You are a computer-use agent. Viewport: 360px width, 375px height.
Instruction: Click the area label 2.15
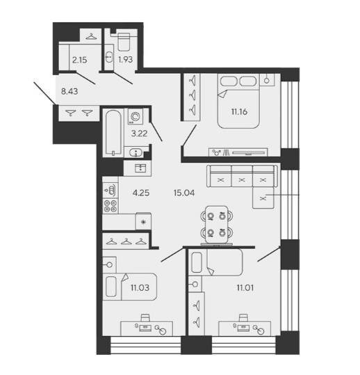pyautogui.click(x=79, y=60)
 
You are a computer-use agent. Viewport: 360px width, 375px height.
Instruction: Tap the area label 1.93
pyautogui.click(x=125, y=59)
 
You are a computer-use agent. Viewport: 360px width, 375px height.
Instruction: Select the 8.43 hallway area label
pyautogui.click(x=69, y=91)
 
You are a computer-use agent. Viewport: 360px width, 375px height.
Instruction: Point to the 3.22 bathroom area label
pyautogui.click(x=139, y=134)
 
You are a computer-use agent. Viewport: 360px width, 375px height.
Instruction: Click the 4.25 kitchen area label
pyautogui.click(x=141, y=193)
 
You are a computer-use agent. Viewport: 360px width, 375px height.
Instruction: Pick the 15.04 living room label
pyautogui.click(x=184, y=193)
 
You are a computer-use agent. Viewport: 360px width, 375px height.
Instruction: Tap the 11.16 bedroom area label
pyautogui.click(x=239, y=111)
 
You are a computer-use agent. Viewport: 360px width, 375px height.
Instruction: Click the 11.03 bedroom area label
pyautogui.click(x=140, y=287)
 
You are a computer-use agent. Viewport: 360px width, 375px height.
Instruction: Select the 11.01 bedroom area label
pyautogui.click(x=245, y=288)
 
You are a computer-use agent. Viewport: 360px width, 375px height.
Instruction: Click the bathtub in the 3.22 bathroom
pyautogui.click(x=113, y=133)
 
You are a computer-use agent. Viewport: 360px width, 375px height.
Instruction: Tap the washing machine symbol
pyautogui.click(x=135, y=116)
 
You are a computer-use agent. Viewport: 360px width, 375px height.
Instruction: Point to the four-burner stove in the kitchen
pyautogui.click(x=111, y=206)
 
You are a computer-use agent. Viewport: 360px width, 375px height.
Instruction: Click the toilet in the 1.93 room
pyautogui.click(x=124, y=41)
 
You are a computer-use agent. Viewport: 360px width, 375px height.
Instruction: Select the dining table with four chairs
pyautogui.click(x=217, y=224)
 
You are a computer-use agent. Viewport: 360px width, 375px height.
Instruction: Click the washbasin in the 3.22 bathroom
pyautogui.click(x=136, y=152)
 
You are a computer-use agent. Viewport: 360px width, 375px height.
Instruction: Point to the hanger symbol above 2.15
pyautogui.click(x=91, y=37)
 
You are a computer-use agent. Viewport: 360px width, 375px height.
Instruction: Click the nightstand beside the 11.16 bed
pyautogui.click(x=267, y=79)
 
